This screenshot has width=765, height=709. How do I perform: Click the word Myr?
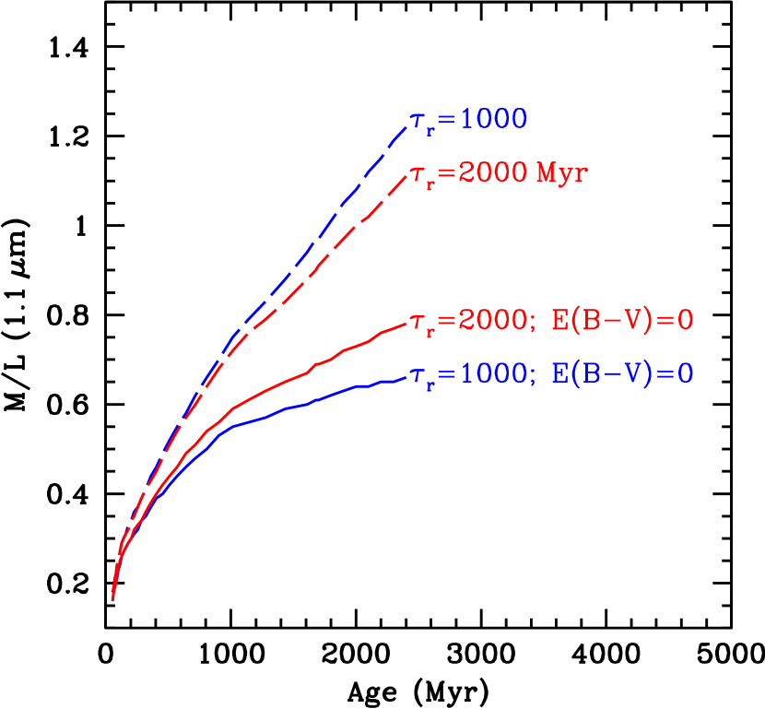click(561, 173)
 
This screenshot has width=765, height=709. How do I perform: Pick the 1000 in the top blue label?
click(493, 120)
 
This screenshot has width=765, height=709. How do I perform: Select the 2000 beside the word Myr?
click(493, 173)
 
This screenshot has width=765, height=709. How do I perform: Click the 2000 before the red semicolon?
click(493, 321)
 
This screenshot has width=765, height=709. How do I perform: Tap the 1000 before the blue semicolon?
click(493, 374)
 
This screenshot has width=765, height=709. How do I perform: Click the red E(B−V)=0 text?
click(622, 321)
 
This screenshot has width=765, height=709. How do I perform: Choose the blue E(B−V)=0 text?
click(622, 374)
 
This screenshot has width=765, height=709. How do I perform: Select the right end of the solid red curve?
click(406, 323)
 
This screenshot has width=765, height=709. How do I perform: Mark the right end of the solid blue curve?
click(406, 377)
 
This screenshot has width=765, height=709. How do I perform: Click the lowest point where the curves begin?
click(112, 599)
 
